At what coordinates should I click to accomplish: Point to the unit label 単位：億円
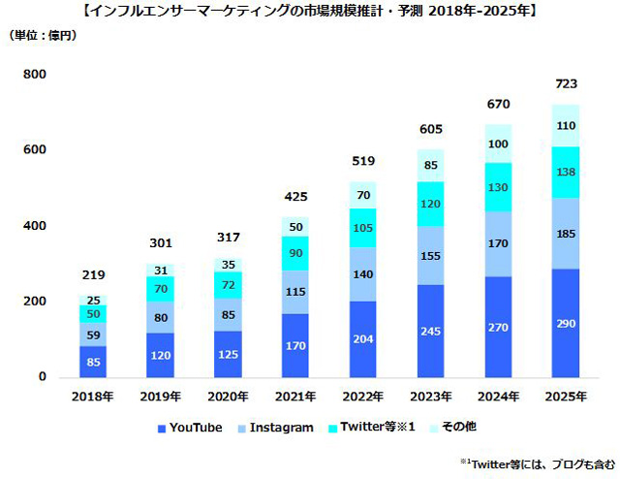click(44, 36)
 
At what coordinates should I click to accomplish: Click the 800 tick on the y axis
click(35, 75)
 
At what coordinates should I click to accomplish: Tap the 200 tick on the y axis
click(35, 302)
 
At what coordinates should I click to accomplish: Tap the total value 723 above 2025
click(565, 84)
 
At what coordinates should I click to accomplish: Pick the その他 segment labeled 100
click(498, 144)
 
